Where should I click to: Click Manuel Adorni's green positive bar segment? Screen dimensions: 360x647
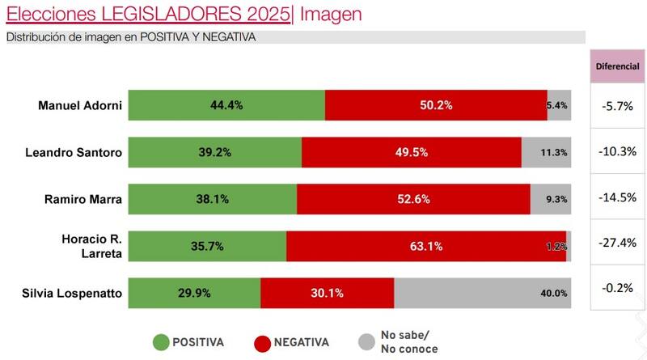coord(226,105)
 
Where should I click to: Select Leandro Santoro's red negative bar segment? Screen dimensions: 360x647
coord(411,152)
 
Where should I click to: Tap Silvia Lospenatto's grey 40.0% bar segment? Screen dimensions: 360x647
coord(482,293)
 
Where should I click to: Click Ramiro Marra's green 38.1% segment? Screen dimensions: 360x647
coord(213,199)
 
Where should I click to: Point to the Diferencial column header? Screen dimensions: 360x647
coord(618,65)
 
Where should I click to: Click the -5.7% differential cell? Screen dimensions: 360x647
coord(618,105)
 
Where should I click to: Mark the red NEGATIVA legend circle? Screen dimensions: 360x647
coord(262,342)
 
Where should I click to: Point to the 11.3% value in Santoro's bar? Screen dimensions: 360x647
coord(554,153)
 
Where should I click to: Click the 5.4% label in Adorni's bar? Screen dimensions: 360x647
coord(558,105)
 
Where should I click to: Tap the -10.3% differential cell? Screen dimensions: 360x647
coord(618,151)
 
